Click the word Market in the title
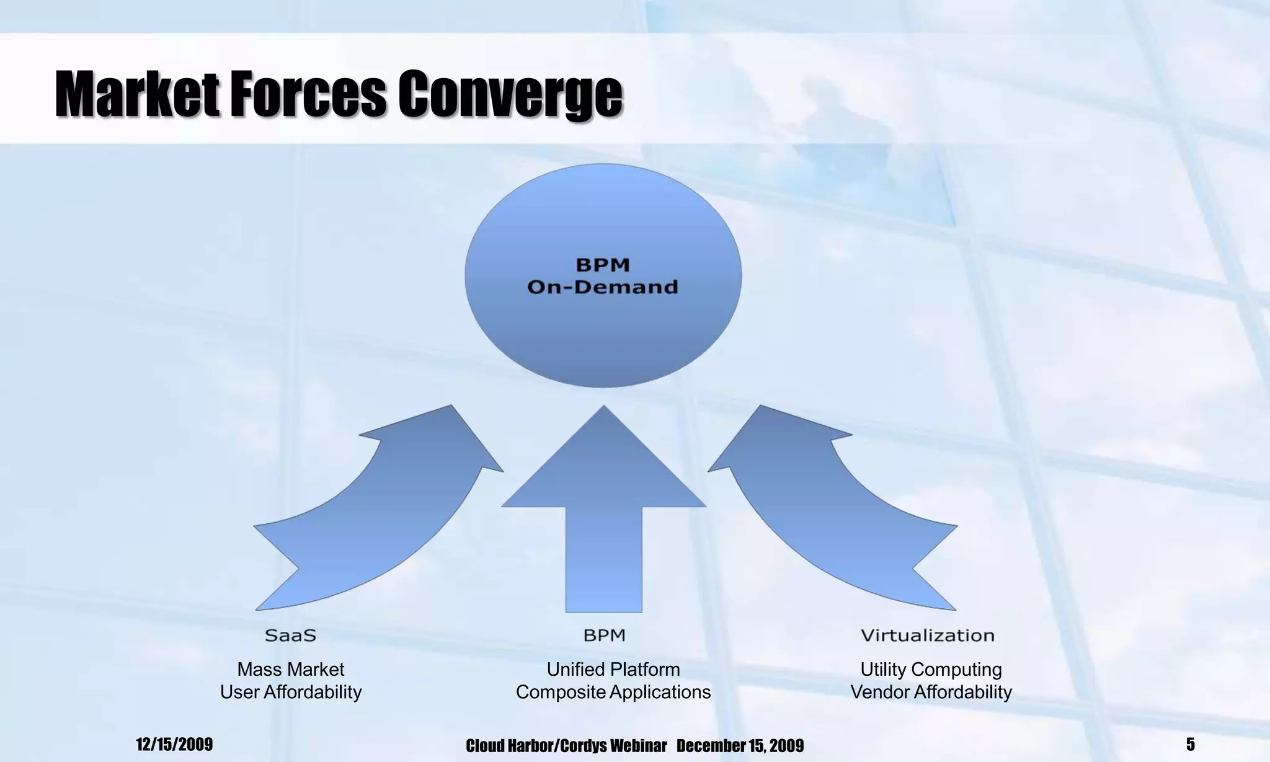click(x=137, y=94)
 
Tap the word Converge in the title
click(x=509, y=94)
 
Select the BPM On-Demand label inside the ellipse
click(x=603, y=276)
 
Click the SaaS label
click(x=290, y=636)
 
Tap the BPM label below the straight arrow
click(x=604, y=636)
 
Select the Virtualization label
click(x=927, y=636)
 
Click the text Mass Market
click(x=290, y=670)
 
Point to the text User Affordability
click(x=290, y=692)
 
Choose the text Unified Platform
click(x=613, y=670)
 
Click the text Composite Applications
click(x=613, y=692)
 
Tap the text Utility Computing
click(x=930, y=670)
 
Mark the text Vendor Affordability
click(x=930, y=692)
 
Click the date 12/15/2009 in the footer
click(x=174, y=744)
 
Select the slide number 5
click(x=1190, y=744)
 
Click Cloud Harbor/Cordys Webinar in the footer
click(x=566, y=745)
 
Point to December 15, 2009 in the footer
click(x=740, y=745)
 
